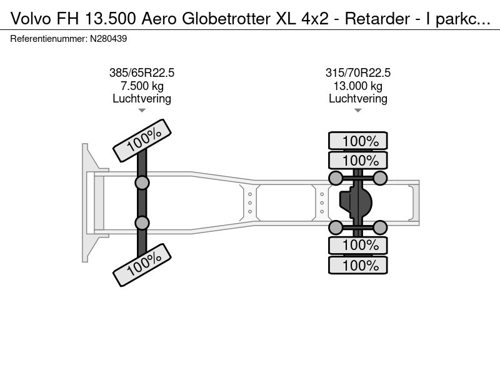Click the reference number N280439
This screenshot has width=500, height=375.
110,39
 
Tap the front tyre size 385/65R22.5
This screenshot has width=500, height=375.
142,73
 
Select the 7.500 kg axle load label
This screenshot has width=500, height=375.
142,86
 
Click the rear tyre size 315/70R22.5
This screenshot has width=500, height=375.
358,73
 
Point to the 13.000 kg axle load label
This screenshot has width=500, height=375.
358,86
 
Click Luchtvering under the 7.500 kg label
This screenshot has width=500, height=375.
142,98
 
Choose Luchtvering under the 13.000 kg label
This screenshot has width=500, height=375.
358,98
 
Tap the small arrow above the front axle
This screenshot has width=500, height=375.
142,111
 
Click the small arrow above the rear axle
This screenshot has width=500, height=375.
358,111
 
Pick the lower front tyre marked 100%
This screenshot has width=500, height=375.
142,265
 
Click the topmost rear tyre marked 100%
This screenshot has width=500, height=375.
358,141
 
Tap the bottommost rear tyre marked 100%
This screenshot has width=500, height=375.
358,265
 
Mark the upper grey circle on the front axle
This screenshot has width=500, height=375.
142,182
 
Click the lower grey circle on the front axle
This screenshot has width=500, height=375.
142,222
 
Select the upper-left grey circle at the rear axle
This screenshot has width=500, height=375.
336,179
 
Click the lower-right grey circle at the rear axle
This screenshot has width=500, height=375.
381,227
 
